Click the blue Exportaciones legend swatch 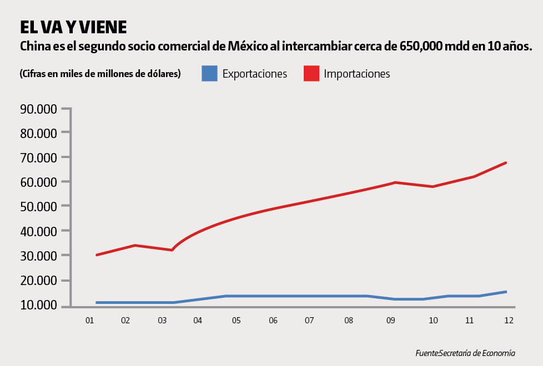pos(209,73)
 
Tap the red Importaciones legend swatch pos(311,73)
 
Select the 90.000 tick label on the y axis pos(38,109)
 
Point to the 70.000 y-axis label pos(38,157)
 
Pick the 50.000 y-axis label pos(38,206)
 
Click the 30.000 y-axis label pos(38,256)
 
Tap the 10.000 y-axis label pos(38,304)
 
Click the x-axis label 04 pos(198,321)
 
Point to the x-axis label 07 pos(309,321)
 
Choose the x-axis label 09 pos(390,321)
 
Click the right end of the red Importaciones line pos(506,162)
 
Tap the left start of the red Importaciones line pos(97,255)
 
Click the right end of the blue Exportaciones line pos(506,292)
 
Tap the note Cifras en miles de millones pos(100,74)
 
